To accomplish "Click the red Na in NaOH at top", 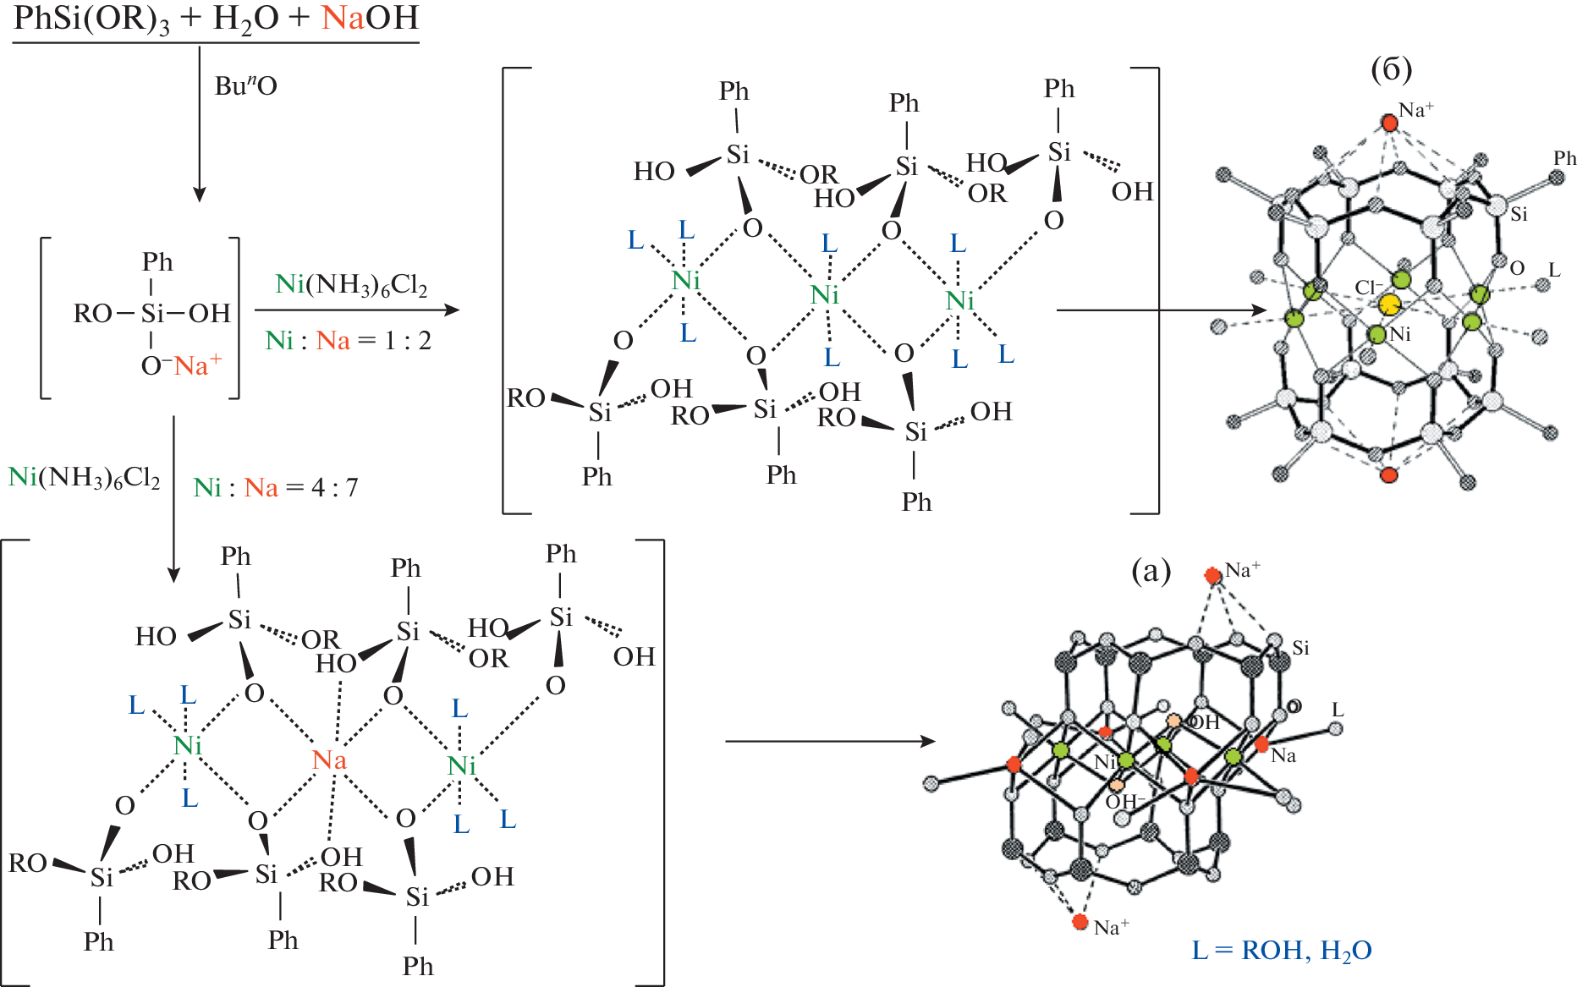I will (x=343, y=18).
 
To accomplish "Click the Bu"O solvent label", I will (x=245, y=85).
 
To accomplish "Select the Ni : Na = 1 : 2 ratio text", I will (x=348, y=341).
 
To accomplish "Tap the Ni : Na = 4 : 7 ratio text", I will (x=276, y=488).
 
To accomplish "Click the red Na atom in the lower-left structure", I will (x=329, y=760).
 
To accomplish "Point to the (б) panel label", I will (x=1391, y=69).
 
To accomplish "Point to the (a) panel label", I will (x=1151, y=572).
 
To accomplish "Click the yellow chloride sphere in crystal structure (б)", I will (x=1389, y=304).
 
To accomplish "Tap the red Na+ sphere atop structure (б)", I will (x=1389, y=123).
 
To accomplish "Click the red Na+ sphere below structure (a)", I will (x=1080, y=921).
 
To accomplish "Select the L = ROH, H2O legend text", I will (x=1281, y=951).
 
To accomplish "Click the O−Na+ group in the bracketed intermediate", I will (x=181, y=366).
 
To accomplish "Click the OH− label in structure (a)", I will (x=1125, y=801).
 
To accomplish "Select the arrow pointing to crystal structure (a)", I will (x=829, y=742).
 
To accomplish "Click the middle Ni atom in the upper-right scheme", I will (x=824, y=295).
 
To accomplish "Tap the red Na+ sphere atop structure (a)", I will (x=1212, y=576).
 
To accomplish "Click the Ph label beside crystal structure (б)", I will (x=1564, y=158).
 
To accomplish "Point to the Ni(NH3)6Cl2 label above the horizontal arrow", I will (x=351, y=285).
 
